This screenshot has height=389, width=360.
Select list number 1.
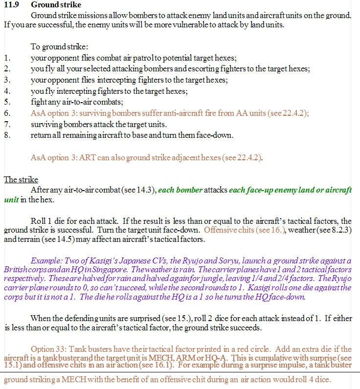[x=6, y=57]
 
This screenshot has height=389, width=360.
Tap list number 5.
[x=6, y=102]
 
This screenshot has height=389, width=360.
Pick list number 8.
[x=6, y=135]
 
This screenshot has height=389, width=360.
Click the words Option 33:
[x=49, y=349]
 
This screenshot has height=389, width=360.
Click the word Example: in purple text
[x=47, y=260]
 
